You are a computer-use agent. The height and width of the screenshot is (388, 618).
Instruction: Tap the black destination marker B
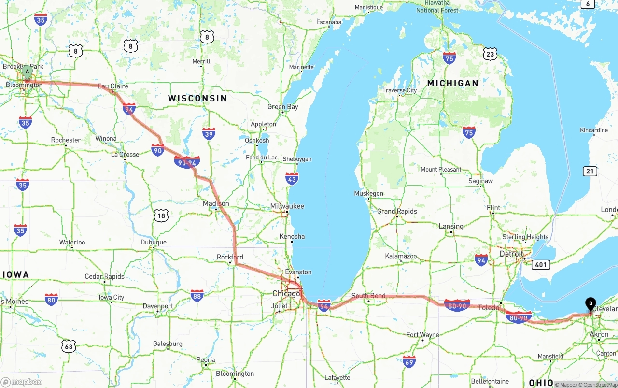pyautogui.click(x=590, y=303)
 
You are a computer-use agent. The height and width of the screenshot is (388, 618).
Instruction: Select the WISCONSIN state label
pyautogui.click(x=197, y=98)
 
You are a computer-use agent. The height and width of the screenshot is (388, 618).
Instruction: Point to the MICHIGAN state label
pyautogui.click(x=452, y=83)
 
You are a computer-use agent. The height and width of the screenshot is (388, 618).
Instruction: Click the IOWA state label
pyautogui.click(x=15, y=274)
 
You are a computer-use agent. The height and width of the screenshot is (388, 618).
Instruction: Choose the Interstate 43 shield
pyautogui.click(x=292, y=179)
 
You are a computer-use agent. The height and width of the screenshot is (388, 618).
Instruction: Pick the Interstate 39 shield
pyautogui.click(x=209, y=134)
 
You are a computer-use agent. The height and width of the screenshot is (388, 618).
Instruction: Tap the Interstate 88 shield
pyautogui.click(x=197, y=295)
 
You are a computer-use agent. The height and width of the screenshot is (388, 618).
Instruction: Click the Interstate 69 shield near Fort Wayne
pyautogui.click(x=409, y=361)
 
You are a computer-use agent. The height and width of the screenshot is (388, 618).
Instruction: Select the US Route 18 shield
pyautogui.click(x=161, y=216)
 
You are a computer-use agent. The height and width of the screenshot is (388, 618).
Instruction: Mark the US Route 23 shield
pyautogui.click(x=490, y=54)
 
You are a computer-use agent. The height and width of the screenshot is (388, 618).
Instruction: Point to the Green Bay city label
pyautogui.click(x=282, y=107)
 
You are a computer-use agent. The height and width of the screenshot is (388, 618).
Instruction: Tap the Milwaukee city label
pyautogui.click(x=287, y=206)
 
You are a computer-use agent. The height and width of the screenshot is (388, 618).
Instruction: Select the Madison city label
pyautogui.click(x=216, y=203)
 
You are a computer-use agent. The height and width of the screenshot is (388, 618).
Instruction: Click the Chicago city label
pyautogui.click(x=286, y=293)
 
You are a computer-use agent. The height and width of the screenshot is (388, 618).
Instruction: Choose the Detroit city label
pyautogui.click(x=511, y=254)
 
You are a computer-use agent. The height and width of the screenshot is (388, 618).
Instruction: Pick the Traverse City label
pyautogui.click(x=399, y=90)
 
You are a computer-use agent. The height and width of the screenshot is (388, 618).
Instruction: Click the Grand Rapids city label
pyautogui.click(x=397, y=211)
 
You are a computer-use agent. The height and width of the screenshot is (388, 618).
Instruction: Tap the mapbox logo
pyautogui.click(x=22, y=382)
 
